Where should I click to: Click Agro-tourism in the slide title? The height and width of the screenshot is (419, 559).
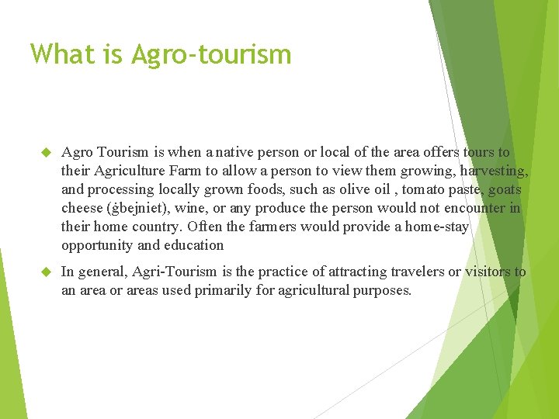tap(211, 54)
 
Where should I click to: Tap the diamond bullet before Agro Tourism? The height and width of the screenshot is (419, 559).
tap(45, 153)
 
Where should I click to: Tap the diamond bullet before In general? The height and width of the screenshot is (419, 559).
tap(45, 272)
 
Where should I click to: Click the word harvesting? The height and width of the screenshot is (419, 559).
tap(494, 171)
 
